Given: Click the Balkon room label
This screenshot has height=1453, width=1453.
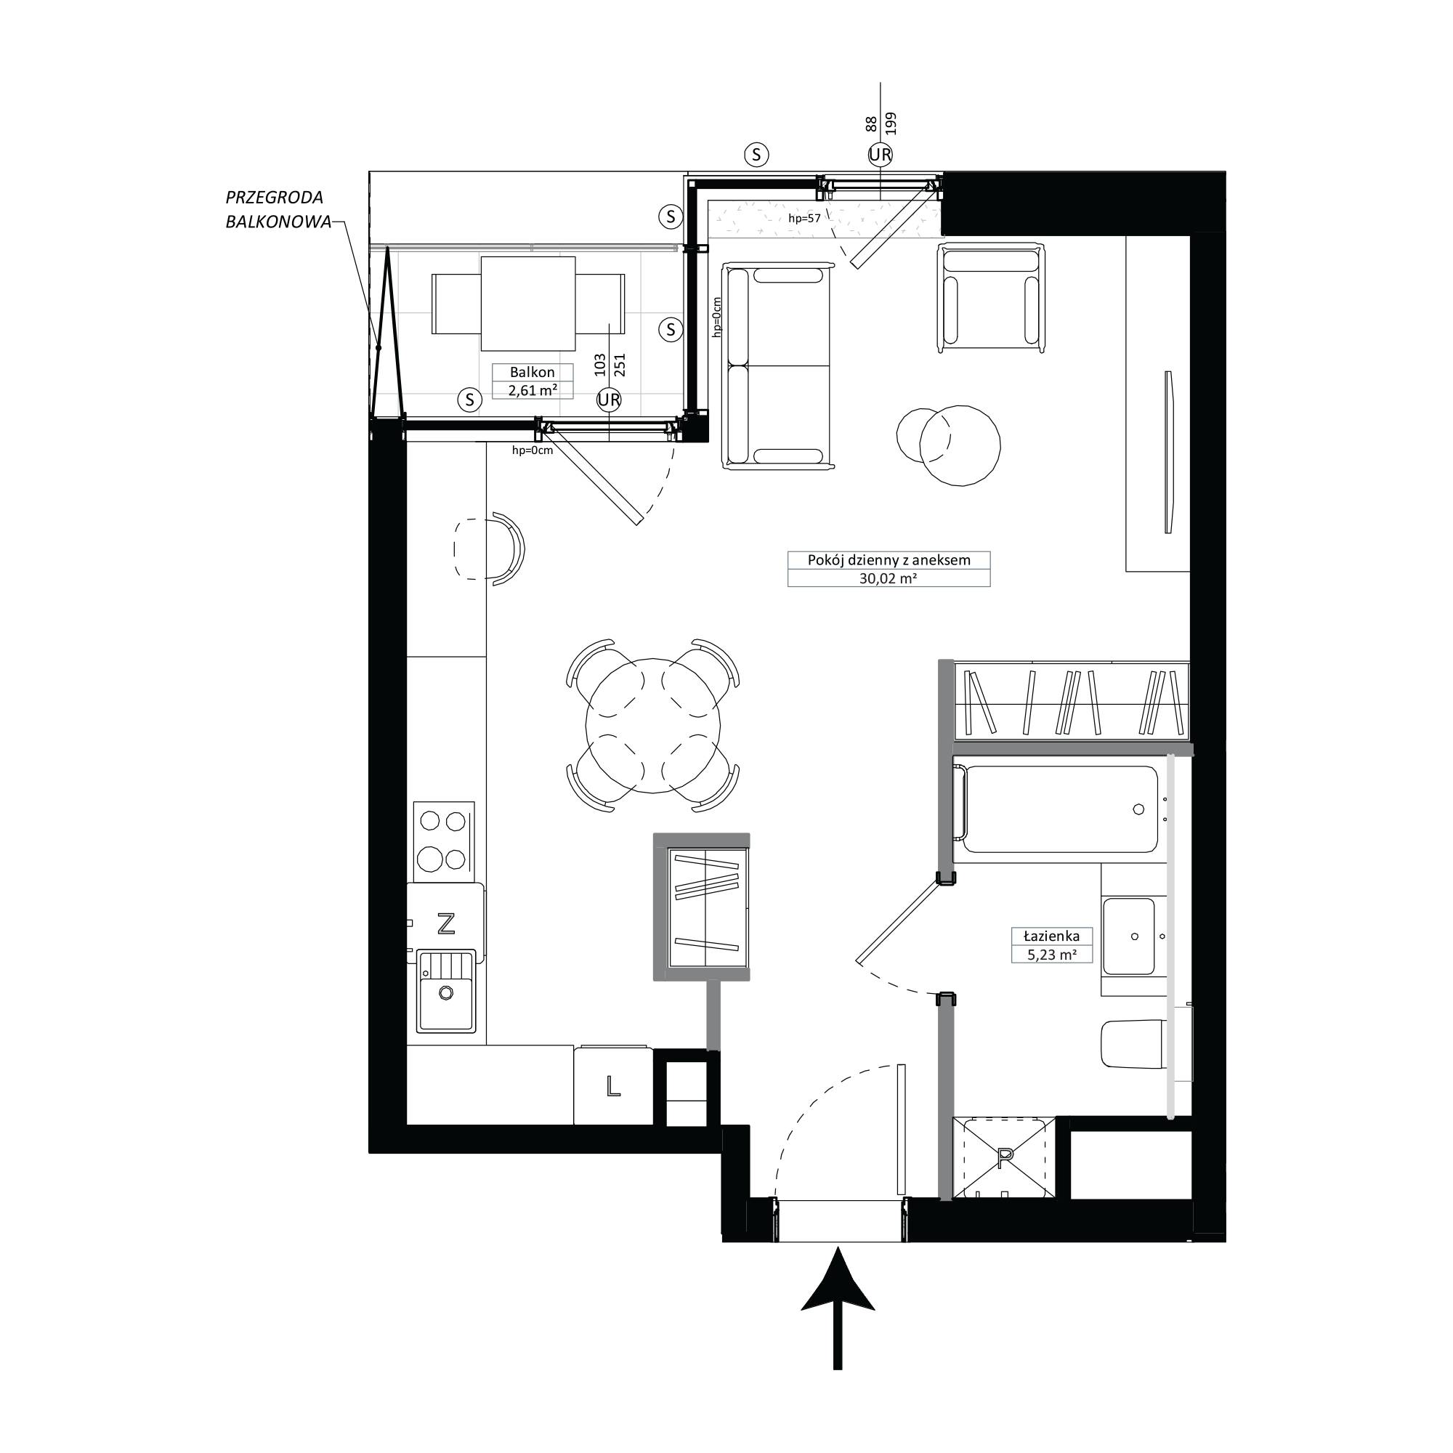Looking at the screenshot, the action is (x=532, y=372).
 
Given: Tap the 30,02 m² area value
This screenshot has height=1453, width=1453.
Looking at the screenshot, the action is (x=889, y=578).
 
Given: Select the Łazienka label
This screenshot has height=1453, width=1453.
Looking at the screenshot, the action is (x=1051, y=936).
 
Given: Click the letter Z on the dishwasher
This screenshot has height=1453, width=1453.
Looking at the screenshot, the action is (x=446, y=923).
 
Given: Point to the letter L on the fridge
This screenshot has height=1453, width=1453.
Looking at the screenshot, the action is (x=613, y=1085).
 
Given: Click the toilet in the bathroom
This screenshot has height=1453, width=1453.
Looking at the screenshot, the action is (x=1134, y=1044).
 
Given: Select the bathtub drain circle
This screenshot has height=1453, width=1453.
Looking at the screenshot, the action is (x=1138, y=809).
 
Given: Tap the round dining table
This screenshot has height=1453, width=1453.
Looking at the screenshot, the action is (x=654, y=725).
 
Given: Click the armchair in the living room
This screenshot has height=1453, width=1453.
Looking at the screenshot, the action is (x=991, y=297).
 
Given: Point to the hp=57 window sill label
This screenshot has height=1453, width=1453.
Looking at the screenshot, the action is (x=804, y=219).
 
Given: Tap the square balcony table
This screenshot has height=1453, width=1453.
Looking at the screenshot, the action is (x=528, y=304).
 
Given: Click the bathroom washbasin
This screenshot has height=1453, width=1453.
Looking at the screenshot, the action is (x=1129, y=936).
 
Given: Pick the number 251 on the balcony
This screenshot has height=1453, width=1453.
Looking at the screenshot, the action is (x=620, y=365).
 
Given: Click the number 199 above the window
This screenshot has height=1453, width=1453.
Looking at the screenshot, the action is (x=891, y=124).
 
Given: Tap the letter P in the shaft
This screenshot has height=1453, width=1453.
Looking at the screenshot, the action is (x=1003, y=1159).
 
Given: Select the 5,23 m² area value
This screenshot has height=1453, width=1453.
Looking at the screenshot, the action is (x=1052, y=955).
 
